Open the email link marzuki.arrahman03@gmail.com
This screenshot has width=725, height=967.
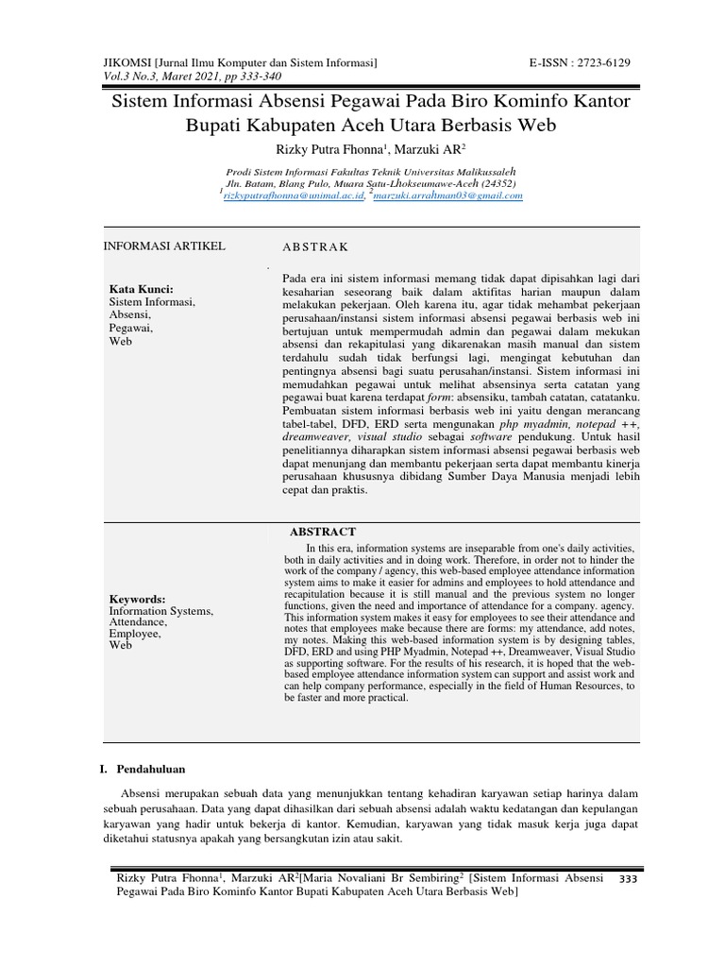click(x=447, y=195)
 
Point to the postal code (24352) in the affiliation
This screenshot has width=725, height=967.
click(x=495, y=182)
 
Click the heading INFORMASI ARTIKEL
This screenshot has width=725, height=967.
click(x=164, y=246)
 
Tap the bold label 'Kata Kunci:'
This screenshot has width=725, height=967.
click(x=142, y=289)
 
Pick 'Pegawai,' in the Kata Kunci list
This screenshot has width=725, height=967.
click(x=131, y=328)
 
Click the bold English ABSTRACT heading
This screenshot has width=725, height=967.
click(x=323, y=532)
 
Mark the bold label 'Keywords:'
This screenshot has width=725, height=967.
click(x=137, y=599)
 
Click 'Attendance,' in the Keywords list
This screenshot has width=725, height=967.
click(x=139, y=623)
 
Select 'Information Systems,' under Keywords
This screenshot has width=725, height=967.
click(x=161, y=611)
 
